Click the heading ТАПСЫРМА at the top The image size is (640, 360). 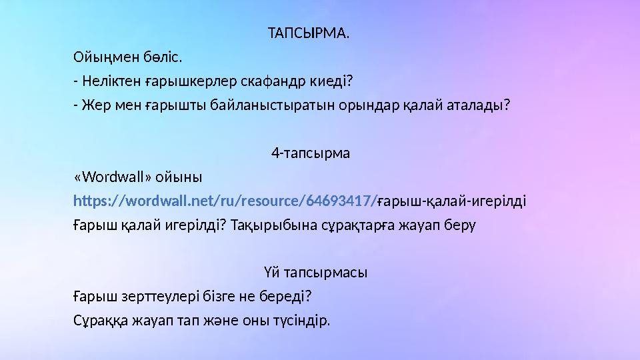coord(307,33)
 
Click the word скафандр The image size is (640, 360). coord(260,81)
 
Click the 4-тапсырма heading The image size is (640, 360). coord(311,153)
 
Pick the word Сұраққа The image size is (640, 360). coord(101,321)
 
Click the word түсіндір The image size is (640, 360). coord(298,321)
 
